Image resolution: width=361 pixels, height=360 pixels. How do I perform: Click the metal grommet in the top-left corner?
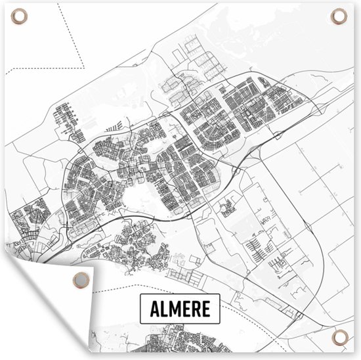pyautogui.click(x=18, y=16)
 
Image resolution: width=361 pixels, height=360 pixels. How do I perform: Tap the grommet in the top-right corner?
pyautogui.click(x=340, y=15)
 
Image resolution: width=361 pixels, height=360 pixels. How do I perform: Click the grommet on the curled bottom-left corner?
pyautogui.click(x=79, y=278)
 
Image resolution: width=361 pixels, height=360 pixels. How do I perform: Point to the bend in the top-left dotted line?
pyautogui.click(x=83, y=66)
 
